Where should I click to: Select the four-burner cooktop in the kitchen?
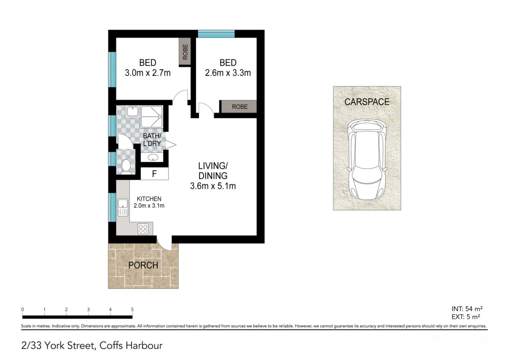[143, 229]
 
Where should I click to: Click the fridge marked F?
[154, 174]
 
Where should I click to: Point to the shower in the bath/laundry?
[152, 117]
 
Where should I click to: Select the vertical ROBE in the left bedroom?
[185, 52]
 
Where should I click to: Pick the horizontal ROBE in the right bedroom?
[239, 107]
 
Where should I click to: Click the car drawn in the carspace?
[367, 158]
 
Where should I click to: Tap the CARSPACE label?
[367, 102]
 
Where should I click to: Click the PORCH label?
[143, 265]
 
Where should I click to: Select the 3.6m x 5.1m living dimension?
[213, 186]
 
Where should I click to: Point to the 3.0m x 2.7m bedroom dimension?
[148, 73]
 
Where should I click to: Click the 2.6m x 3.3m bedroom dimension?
[228, 73]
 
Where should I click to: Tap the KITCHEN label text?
[149, 199]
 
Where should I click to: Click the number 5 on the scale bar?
[132, 309]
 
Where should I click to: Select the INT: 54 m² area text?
[467, 309]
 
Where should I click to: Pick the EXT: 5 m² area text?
[466, 317]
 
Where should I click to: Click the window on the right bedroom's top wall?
[216, 34]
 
